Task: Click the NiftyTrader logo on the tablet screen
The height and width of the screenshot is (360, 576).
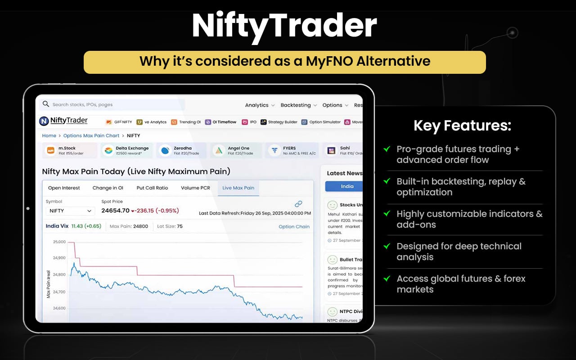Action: point(63,121)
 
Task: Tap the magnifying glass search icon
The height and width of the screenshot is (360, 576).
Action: point(45,104)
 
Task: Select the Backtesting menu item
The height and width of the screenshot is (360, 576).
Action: point(296,105)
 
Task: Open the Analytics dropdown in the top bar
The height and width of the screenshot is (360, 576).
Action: point(260,105)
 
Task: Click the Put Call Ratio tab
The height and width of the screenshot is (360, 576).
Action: point(152,188)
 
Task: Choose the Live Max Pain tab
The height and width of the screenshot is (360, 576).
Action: point(238,188)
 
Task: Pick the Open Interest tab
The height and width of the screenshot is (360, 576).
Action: point(64,188)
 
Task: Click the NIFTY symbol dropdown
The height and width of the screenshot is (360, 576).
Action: point(70,211)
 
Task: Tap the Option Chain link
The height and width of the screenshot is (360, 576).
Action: point(294,227)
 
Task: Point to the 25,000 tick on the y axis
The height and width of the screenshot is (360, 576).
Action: point(59,242)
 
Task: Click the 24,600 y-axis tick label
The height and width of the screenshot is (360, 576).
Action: point(59,308)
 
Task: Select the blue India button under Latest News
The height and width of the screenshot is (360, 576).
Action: point(347,186)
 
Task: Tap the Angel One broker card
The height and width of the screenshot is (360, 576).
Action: point(234,150)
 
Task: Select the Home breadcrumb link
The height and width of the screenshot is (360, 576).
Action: point(49,135)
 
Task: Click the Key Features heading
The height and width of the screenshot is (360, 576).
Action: point(462,126)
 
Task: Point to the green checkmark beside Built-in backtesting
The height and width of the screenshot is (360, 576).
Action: point(387,181)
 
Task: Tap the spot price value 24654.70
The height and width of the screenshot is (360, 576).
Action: point(115,211)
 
